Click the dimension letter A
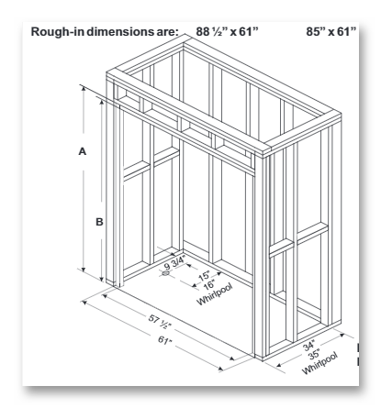(x=83, y=151)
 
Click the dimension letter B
(x=99, y=222)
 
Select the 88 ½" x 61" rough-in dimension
(x=227, y=31)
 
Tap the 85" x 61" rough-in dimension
(x=331, y=31)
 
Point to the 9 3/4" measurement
(x=174, y=261)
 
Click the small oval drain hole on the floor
(x=166, y=273)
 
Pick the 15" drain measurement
(x=204, y=276)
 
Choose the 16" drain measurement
(x=208, y=285)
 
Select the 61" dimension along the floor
(x=164, y=340)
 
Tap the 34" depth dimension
(x=309, y=347)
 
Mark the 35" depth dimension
(x=314, y=355)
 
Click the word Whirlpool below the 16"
(x=215, y=293)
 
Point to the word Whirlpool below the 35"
(x=320, y=363)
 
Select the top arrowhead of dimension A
(x=84, y=88)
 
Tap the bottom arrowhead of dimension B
(x=102, y=278)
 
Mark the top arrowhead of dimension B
(x=102, y=102)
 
